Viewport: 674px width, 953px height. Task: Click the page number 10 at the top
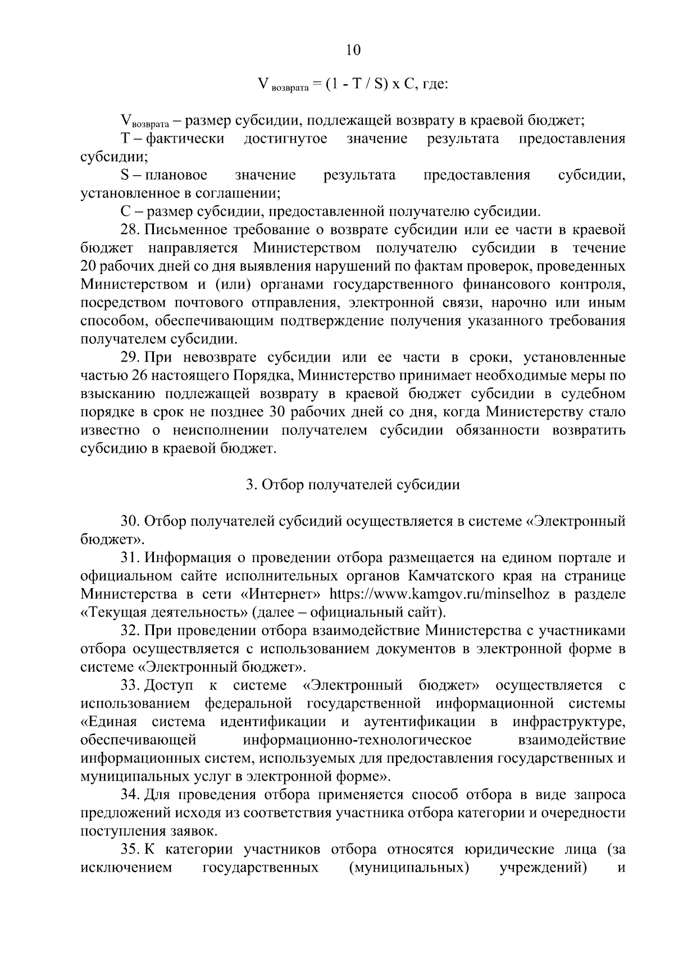tap(353, 50)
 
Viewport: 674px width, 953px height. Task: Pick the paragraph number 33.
tap(130, 685)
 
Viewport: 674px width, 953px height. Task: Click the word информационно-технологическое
tap(358, 740)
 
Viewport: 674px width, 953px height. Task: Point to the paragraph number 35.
tap(130, 850)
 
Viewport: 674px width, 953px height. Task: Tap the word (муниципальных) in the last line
tap(408, 868)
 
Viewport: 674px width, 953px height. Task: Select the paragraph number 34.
tap(130, 795)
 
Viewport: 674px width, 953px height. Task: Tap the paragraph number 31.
tap(130, 558)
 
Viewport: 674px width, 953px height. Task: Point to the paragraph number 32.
tap(130, 631)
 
